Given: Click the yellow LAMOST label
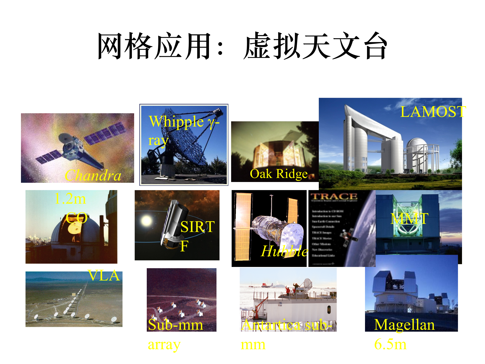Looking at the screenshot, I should click(x=433, y=111).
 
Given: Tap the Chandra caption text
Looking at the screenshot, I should click(x=93, y=175).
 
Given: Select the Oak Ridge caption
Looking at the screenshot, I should click(x=279, y=174).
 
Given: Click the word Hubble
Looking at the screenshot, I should click(x=284, y=251).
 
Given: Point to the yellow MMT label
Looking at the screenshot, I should click(x=409, y=219).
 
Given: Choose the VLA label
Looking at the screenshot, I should click(x=104, y=275).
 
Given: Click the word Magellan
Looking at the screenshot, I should click(x=404, y=325).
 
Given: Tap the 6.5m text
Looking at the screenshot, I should click(x=390, y=344).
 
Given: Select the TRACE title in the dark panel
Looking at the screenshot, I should click(x=334, y=196).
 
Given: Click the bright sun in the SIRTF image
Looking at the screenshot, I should click(x=147, y=220).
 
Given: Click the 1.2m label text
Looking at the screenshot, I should click(x=70, y=199).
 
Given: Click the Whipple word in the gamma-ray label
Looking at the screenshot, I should click(x=176, y=122).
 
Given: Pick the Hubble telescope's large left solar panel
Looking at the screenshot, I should click(x=243, y=226).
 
